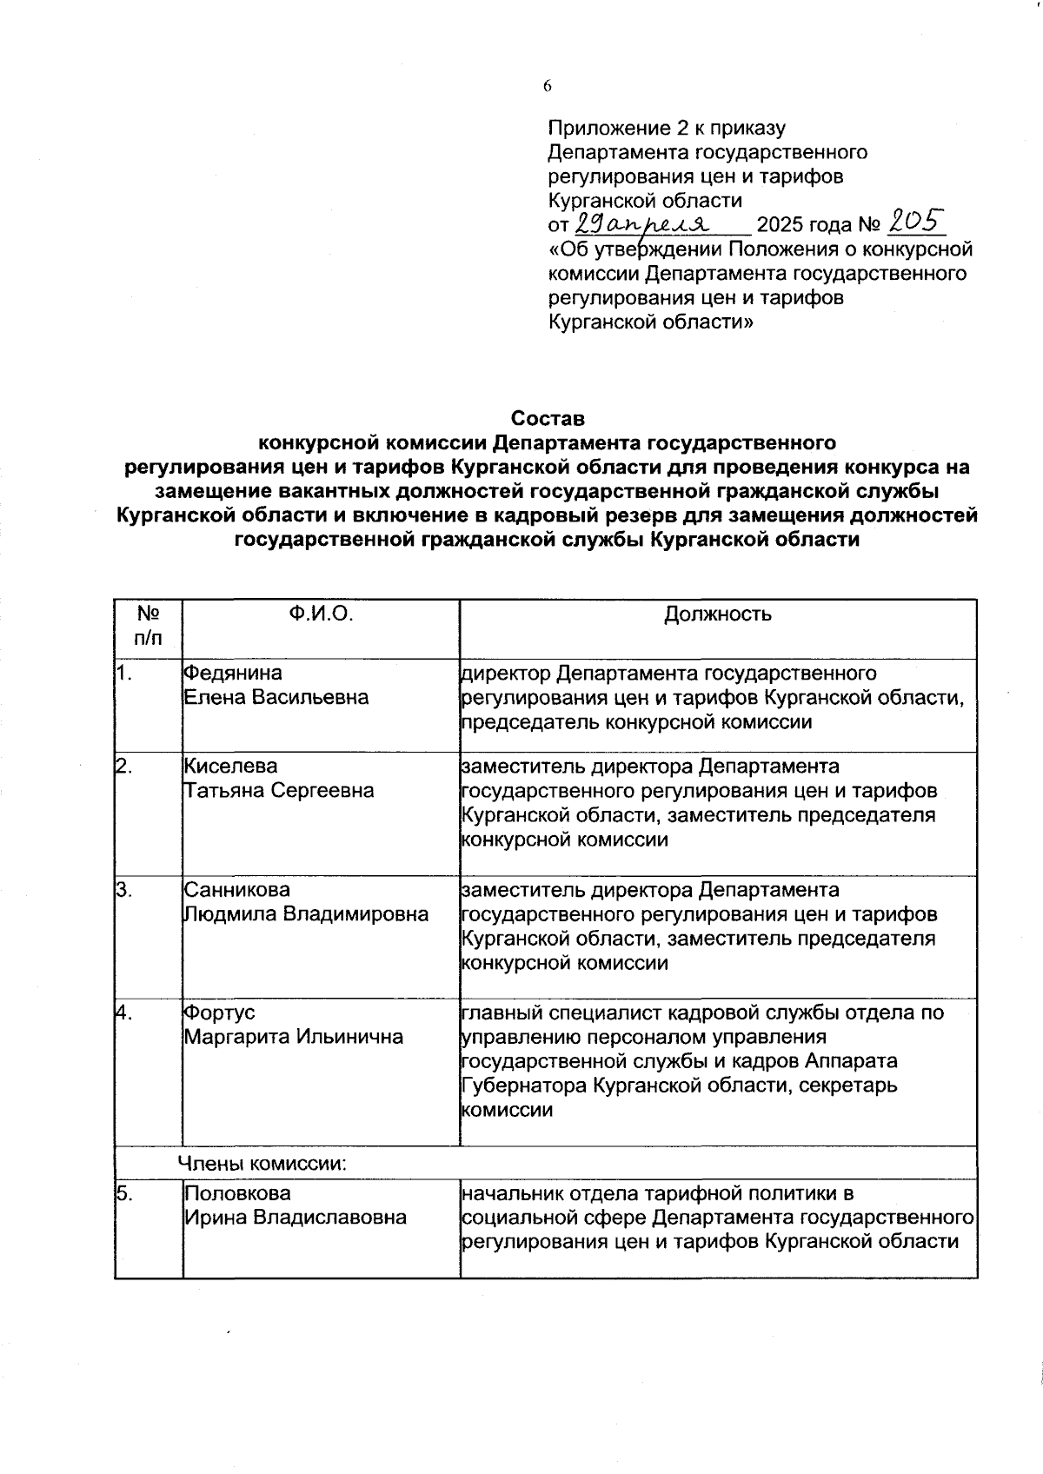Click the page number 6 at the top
[548, 86]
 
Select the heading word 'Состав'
[548, 418]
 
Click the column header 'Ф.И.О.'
[321, 614]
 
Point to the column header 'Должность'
[718, 615]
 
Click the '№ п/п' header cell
[148, 626]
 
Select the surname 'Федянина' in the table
[233, 674]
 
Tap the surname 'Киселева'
[231, 767]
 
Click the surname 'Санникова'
[236, 890]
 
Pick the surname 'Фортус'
[219, 1013]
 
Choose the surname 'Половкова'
[236, 1193]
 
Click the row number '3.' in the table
[125, 890]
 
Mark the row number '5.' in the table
[125, 1193]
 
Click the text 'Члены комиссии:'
[262, 1164]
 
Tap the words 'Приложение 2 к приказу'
[667, 129]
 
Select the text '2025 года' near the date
[804, 226]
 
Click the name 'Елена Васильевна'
[276, 698]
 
